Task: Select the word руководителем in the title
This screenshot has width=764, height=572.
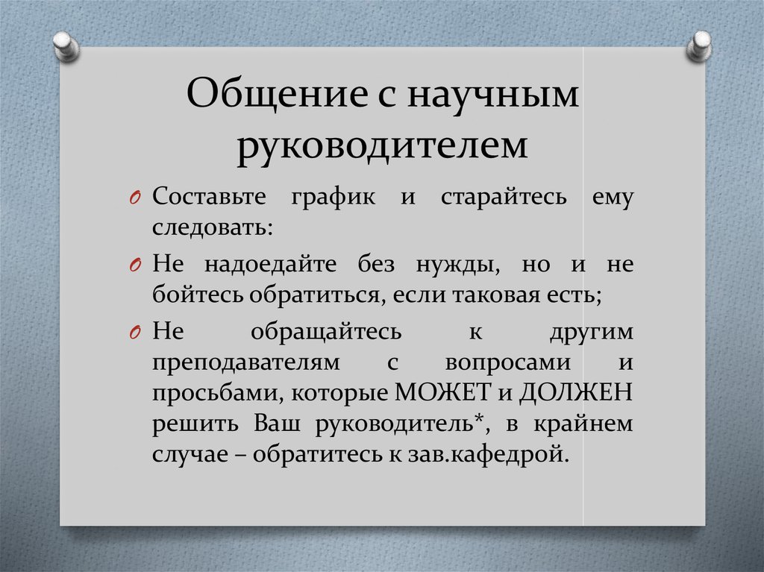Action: click(383, 145)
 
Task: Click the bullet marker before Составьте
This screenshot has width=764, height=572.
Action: click(136, 200)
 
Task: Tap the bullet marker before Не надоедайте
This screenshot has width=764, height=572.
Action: click(136, 266)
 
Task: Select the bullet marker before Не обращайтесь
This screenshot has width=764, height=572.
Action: click(136, 332)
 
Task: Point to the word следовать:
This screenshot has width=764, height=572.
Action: click(212, 227)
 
